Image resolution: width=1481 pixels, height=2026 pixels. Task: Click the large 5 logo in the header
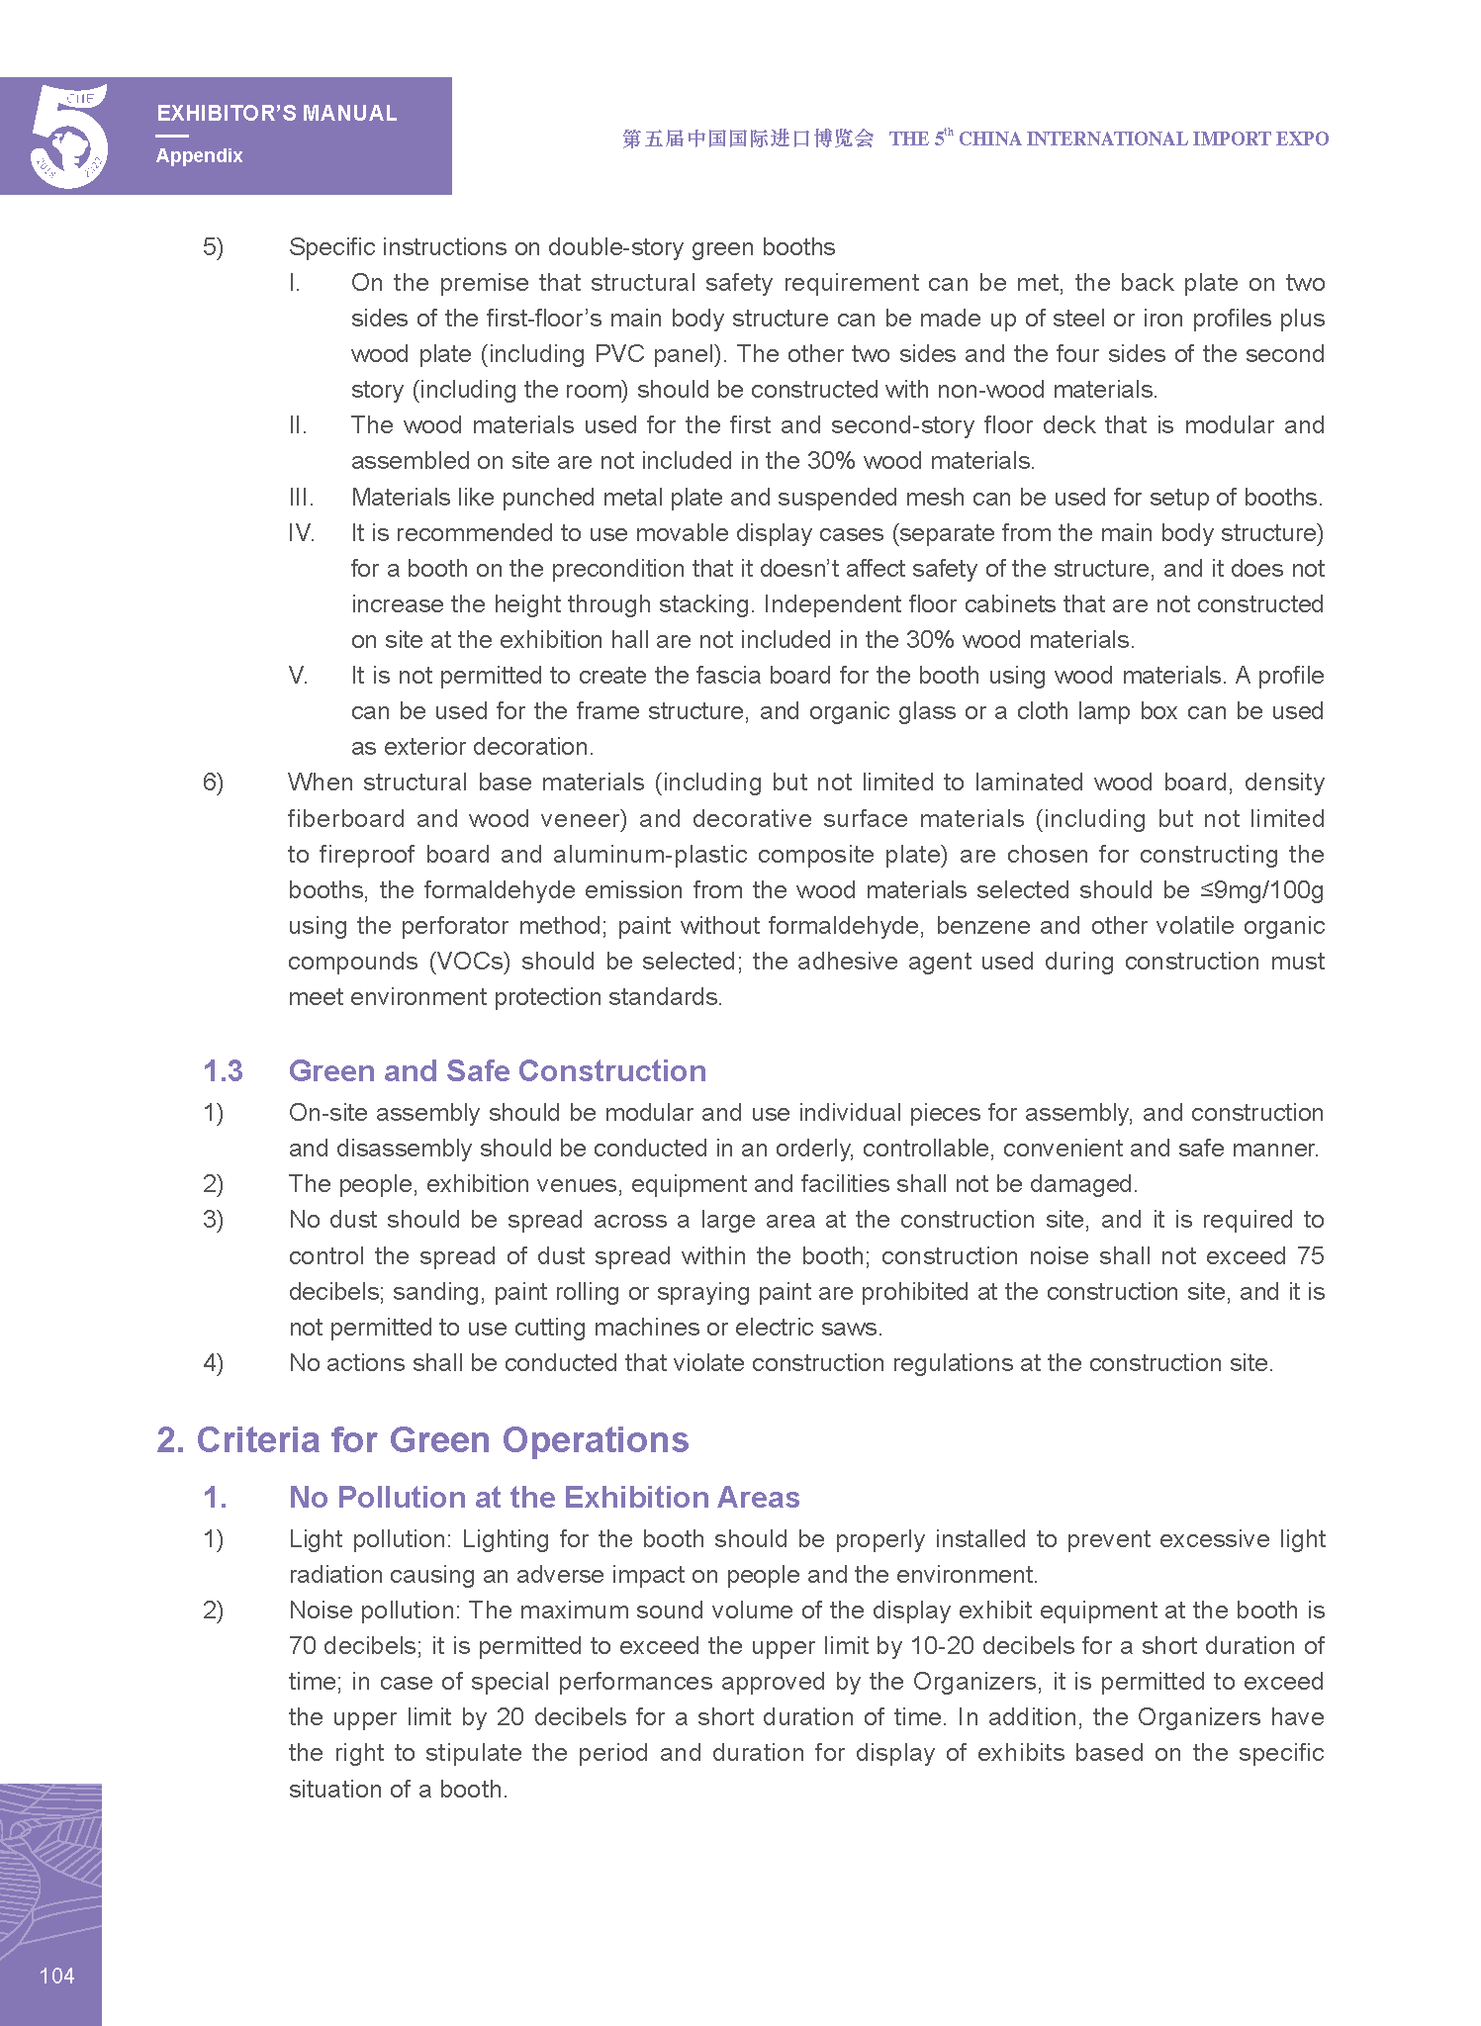click(67, 136)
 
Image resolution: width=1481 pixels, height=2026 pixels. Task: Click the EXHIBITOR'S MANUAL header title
click(276, 114)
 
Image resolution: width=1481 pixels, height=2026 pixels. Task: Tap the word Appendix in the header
click(199, 155)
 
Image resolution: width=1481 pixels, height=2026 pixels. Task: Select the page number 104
click(56, 1976)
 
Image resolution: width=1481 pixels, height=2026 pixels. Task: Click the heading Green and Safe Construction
click(497, 1071)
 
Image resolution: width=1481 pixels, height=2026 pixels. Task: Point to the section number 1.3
click(223, 1071)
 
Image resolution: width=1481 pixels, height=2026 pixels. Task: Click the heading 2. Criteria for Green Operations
click(422, 1440)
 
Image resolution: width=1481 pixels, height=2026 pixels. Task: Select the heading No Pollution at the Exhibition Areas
click(543, 1498)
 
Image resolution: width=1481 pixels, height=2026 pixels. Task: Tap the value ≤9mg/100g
click(1261, 890)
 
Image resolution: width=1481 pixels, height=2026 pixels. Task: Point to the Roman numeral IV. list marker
click(302, 533)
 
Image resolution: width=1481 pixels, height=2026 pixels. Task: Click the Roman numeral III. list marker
click(301, 498)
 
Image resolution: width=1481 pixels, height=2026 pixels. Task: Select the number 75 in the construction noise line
click(1310, 1256)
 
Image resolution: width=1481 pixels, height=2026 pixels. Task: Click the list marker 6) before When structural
click(213, 783)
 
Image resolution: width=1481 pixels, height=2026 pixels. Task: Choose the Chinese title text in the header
click(748, 138)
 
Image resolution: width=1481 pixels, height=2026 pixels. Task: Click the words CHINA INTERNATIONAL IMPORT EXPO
click(1143, 139)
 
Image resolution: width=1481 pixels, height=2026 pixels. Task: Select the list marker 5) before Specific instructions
click(213, 247)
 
